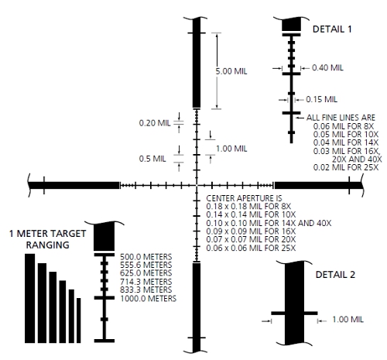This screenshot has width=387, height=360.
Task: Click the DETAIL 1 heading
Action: (x=332, y=29)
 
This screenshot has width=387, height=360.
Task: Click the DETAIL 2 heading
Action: (x=335, y=275)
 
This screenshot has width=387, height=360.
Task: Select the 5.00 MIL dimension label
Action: (x=231, y=71)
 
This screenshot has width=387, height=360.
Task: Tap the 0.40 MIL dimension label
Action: (x=327, y=68)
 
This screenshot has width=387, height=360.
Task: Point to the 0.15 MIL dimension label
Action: (x=321, y=99)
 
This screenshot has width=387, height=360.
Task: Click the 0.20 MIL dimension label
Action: (x=155, y=123)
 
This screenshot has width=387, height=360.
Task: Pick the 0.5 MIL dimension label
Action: (x=152, y=159)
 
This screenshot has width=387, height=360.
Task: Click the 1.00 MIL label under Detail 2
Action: (x=348, y=320)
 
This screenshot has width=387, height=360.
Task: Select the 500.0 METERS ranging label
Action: (x=146, y=257)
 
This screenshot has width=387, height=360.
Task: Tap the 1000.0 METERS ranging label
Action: (x=149, y=299)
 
